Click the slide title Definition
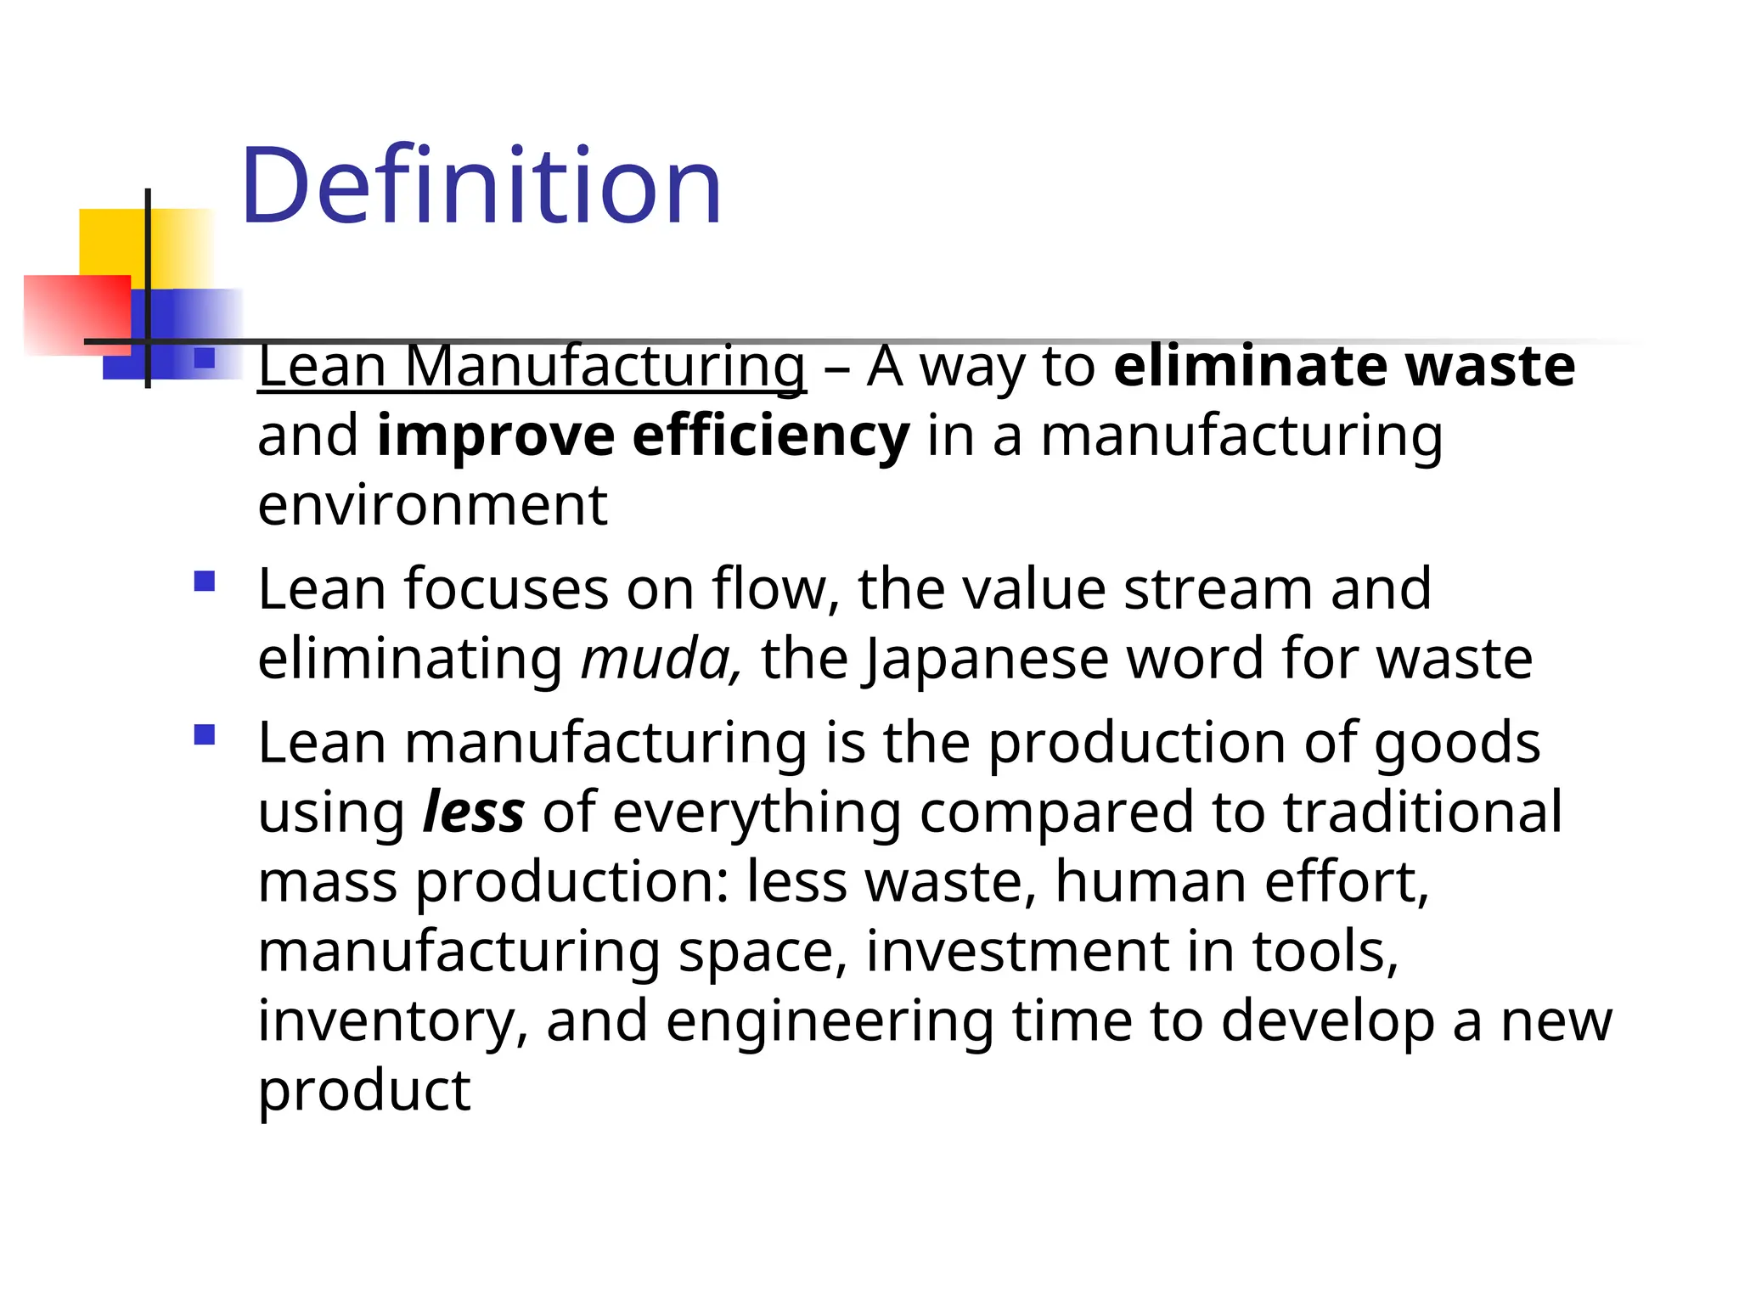(x=481, y=186)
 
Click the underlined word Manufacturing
(x=605, y=367)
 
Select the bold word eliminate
(x=1250, y=367)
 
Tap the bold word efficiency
(x=770, y=436)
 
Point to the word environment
(x=432, y=505)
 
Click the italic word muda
(x=656, y=660)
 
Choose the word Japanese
(x=986, y=660)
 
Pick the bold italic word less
(x=473, y=812)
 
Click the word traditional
(x=1422, y=812)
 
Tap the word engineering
(x=830, y=1021)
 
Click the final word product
(x=363, y=1090)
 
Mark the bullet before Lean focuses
(x=205, y=582)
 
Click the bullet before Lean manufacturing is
(x=205, y=734)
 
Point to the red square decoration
(x=76, y=314)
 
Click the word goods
(x=1457, y=744)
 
